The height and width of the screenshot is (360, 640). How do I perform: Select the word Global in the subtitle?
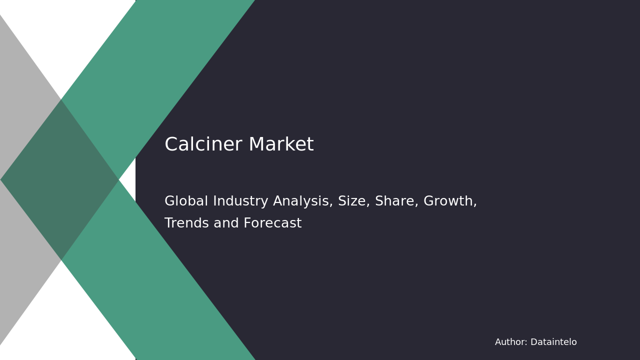186,201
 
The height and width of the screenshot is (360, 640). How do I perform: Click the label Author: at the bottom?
511,342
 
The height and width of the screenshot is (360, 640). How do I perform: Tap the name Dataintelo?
553,342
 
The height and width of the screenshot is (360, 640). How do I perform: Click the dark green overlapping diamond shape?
60,179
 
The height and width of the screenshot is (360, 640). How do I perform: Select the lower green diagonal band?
165,290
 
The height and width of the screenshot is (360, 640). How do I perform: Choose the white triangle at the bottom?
75,325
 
